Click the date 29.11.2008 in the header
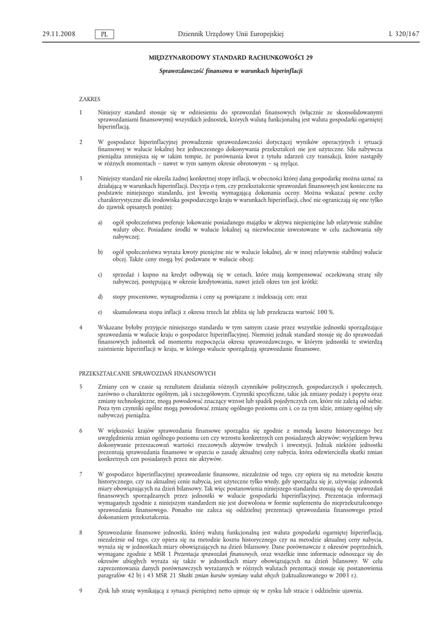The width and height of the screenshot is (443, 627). pyautogui.click(x=59, y=34)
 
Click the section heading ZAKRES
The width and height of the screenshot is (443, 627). pyautogui.click(x=89, y=98)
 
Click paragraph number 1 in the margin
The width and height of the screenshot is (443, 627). pyautogui.click(x=81, y=113)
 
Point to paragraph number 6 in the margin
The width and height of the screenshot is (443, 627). pyautogui.click(x=81, y=431)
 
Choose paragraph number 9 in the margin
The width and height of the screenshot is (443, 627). pyautogui.click(x=81, y=590)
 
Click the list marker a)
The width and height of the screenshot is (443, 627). pyautogui.click(x=100, y=222)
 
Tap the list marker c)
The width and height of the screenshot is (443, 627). pyautogui.click(x=100, y=276)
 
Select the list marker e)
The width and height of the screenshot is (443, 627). pyautogui.click(x=100, y=312)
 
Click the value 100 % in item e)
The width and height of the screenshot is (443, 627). pyautogui.click(x=323, y=312)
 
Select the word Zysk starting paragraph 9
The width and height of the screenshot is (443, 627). pyautogui.click(x=104, y=590)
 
